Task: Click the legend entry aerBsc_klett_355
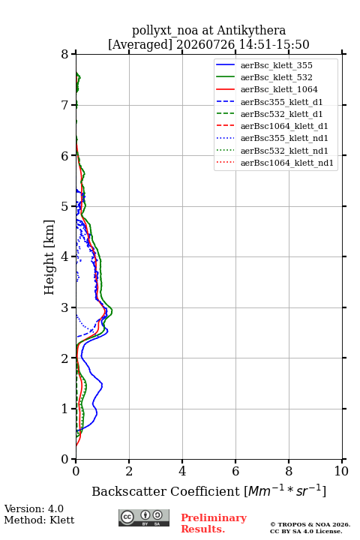point(276,65)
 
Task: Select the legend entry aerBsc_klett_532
point(276,77)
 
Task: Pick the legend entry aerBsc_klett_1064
point(279,89)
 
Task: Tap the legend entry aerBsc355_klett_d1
point(281,102)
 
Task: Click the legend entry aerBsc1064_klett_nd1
point(287,163)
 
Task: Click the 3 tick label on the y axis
point(64,307)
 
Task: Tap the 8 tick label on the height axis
point(64,55)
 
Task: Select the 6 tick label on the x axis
point(235,471)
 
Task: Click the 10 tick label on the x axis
point(341,471)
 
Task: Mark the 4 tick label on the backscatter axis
point(182,471)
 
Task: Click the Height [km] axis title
point(49,257)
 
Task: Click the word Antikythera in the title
point(251,31)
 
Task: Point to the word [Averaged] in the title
point(140,44)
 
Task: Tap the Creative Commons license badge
point(144,517)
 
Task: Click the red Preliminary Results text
point(214,523)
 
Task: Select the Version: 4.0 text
point(34,508)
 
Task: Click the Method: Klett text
point(39,520)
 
